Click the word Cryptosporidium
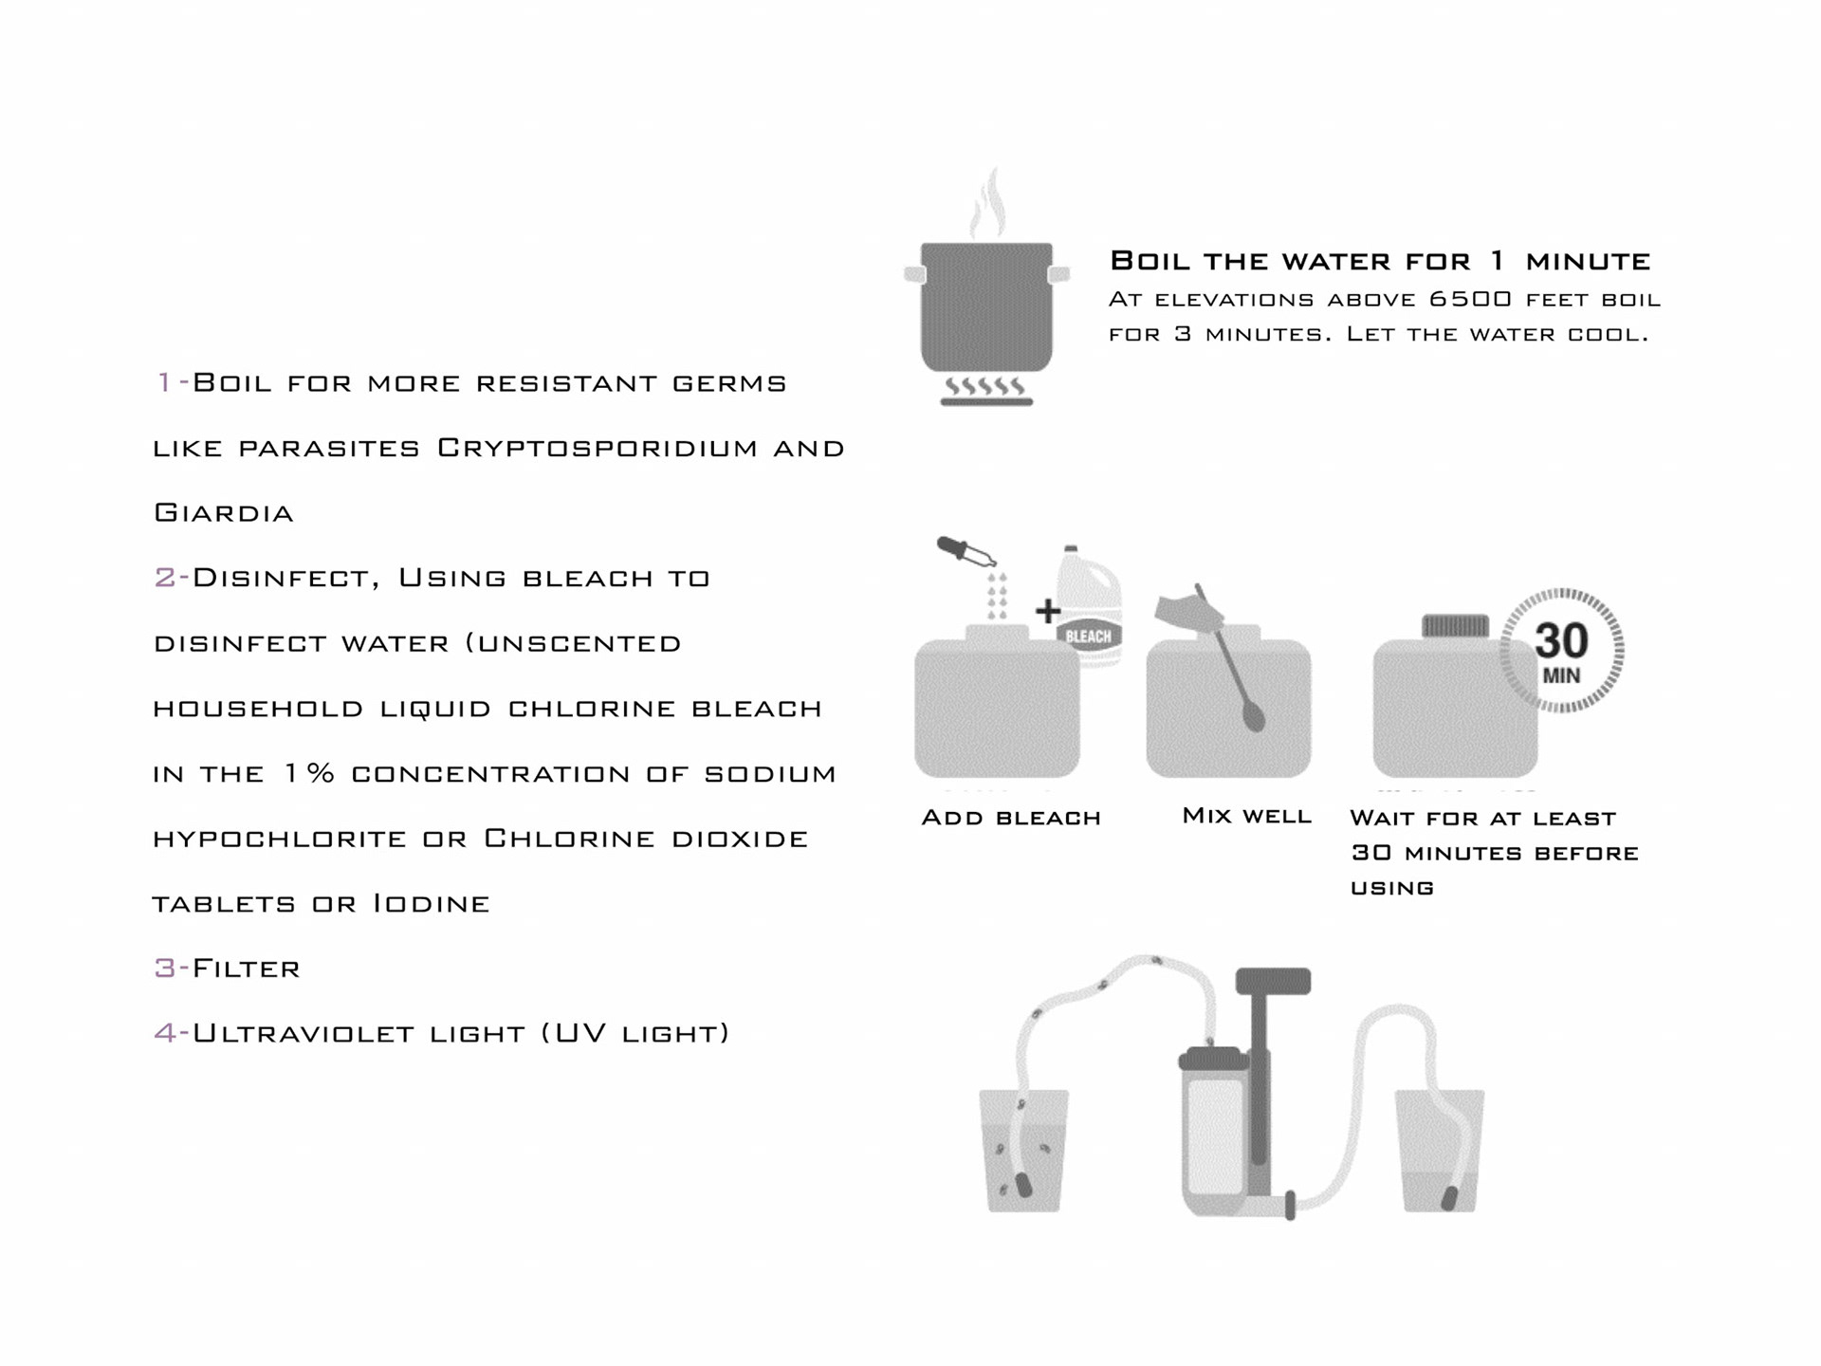[598, 449]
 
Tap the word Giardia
[224, 513]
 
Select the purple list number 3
[164, 969]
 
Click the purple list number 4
[165, 1033]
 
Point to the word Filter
[247, 969]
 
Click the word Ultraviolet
[303, 1033]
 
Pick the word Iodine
[432, 903]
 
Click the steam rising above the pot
[988, 204]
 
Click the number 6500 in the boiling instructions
[1471, 300]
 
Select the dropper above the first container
[965, 552]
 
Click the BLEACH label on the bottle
[1088, 637]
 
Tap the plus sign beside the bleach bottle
[1047, 611]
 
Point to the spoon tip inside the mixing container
[1254, 718]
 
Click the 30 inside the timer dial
[1561, 641]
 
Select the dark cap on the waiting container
[1455, 626]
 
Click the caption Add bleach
[1011, 818]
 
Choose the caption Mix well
[1246, 816]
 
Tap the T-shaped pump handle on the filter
[1273, 982]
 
